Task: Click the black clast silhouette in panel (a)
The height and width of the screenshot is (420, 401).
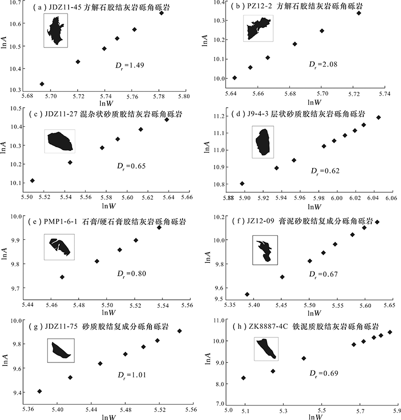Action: point(56,30)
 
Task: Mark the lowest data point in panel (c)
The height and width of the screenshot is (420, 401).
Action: point(33,181)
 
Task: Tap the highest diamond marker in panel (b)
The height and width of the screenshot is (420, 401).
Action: point(358,13)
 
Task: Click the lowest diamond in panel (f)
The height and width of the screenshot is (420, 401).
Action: point(247,294)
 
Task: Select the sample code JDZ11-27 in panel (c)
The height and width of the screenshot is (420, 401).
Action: point(59,115)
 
